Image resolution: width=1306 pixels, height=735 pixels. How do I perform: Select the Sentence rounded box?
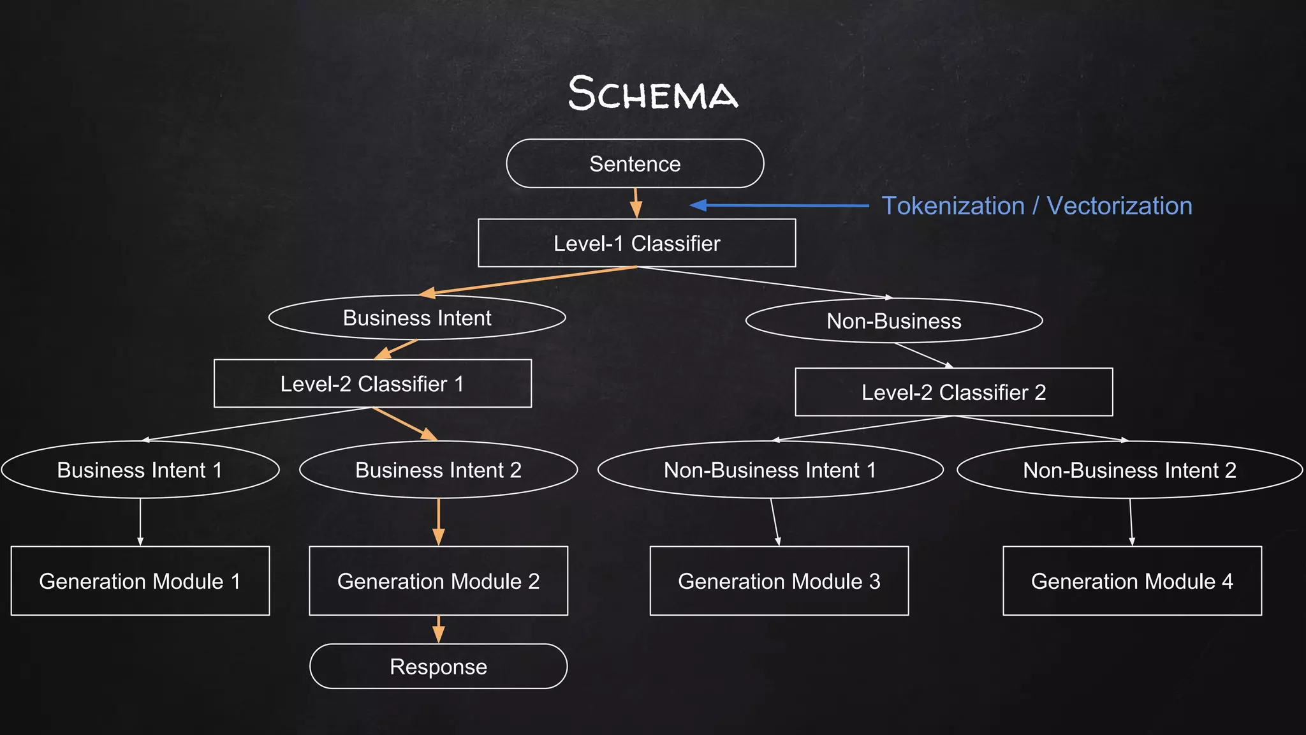tap(635, 164)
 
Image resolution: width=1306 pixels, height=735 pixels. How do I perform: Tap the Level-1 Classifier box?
tap(636, 243)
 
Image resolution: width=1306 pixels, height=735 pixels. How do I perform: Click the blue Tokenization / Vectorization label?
tap(1036, 206)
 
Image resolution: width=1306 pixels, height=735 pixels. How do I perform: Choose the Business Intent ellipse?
tap(417, 318)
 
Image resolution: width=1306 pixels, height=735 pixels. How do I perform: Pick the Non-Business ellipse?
tap(893, 321)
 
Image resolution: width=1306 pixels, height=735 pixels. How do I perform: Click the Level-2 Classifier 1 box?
tap(372, 383)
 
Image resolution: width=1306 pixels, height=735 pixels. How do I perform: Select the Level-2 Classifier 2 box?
tap(953, 392)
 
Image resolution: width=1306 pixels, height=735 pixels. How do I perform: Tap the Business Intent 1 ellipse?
tap(140, 470)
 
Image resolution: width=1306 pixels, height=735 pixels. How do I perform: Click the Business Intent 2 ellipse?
tap(438, 470)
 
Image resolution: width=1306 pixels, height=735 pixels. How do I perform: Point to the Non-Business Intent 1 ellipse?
tap(770, 470)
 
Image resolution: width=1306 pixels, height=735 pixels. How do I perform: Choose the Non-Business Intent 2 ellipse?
tap(1129, 470)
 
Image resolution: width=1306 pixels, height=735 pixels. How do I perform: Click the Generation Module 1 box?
tap(140, 581)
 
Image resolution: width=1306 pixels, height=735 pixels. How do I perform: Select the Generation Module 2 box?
tap(438, 581)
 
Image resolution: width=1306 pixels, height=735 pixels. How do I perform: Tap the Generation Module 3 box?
tap(779, 581)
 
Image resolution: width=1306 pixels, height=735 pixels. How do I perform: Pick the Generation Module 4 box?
tap(1132, 581)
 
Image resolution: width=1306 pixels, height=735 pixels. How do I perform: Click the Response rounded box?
tap(438, 667)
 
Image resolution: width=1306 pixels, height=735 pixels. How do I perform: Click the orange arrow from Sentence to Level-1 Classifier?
tap(636, 203)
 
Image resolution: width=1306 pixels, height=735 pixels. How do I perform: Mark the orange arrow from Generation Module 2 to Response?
tap(438, 629)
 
